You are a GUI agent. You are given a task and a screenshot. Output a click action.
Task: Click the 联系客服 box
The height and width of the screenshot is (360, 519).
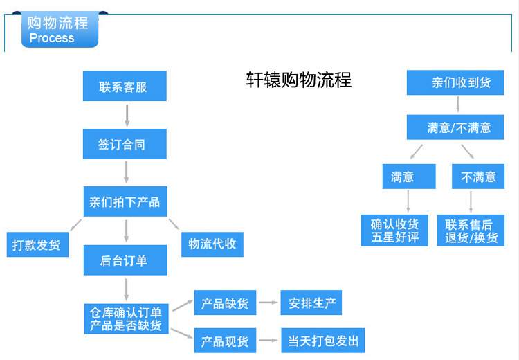click(125, 87)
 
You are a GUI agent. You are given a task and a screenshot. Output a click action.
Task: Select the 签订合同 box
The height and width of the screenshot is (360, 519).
click(125, 145)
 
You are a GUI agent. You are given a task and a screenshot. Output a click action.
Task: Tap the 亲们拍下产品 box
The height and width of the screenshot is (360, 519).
click(125, 201)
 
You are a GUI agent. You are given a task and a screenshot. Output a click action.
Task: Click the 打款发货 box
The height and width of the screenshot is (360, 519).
click(37, 244)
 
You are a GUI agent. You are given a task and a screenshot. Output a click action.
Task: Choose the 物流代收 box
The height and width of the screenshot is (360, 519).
click(212, 244)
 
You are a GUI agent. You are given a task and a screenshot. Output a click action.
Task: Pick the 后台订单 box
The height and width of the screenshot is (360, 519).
click(125, 260)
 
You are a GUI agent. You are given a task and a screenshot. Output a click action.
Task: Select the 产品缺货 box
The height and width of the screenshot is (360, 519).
click(225, 303)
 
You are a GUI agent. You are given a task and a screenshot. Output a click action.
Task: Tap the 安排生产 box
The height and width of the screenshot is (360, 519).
click(311, 303)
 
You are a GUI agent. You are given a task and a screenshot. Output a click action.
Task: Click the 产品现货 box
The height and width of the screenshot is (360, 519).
click(225, 341)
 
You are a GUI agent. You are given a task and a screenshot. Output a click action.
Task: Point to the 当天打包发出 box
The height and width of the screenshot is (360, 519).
click(322, 341)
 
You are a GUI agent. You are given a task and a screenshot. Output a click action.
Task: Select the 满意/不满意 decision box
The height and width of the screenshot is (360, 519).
click(459, 127)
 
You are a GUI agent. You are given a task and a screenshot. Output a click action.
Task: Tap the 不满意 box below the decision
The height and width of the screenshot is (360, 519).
click(478, 177)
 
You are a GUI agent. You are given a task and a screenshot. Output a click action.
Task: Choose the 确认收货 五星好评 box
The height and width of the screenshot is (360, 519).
click(394, 231)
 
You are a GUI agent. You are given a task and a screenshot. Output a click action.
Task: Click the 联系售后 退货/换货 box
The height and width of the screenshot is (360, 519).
click(471, 231)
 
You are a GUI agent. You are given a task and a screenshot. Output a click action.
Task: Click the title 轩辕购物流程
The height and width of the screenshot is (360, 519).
click(299, 80)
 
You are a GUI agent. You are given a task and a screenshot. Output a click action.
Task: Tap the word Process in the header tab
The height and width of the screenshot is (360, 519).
click(52, 39)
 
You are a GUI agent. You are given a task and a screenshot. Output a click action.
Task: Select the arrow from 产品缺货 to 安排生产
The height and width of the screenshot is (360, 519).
click(268, 303)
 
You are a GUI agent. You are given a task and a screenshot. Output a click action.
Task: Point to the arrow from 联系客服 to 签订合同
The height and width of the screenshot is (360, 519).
click(125, 116)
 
